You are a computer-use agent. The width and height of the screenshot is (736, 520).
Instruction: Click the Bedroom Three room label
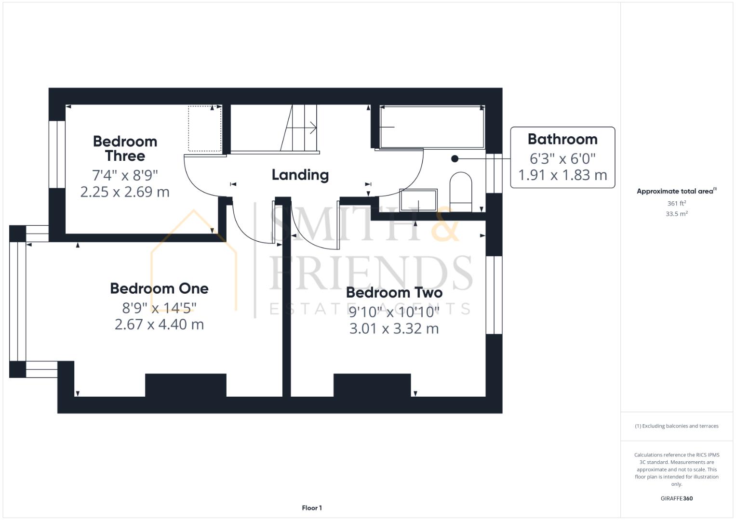[x=125, y=148]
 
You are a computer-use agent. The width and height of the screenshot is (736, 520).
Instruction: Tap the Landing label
[x=300, y=175]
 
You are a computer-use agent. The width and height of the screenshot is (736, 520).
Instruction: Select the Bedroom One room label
[x=159, y=288]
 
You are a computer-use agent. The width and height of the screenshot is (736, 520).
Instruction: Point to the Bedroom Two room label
[x=394, y=292]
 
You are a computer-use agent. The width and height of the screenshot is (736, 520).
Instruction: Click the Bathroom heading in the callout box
[x=562, y=139]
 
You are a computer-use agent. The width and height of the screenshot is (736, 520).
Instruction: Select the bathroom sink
[x=418, y=199]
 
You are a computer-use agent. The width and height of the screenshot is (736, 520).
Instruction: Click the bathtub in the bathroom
[x=432, y=127]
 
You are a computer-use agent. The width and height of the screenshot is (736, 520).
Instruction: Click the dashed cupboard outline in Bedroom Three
[x=205, y=129]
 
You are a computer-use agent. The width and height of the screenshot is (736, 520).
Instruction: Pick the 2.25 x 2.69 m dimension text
[x=125, y=192]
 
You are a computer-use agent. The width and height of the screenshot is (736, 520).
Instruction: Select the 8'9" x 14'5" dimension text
[x=159, y=307]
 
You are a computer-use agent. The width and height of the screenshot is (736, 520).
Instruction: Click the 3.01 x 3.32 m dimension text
[x=394, y=329]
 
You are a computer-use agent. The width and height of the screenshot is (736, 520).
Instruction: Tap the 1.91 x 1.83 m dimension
[x=562, y=175]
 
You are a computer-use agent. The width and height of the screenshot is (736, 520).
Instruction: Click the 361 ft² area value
[x=676, y=204]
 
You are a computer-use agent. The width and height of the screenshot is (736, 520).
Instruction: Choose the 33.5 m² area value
[x=676, y=214]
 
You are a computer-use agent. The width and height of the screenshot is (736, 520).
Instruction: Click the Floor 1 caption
[x=312, y=508]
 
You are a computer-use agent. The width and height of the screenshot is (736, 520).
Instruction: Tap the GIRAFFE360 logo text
[x=676, y=498]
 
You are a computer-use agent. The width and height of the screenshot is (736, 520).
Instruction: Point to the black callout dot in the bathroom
[x=455, y=159]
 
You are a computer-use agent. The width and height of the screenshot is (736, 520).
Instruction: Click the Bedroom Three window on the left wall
[x=57, y=154]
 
